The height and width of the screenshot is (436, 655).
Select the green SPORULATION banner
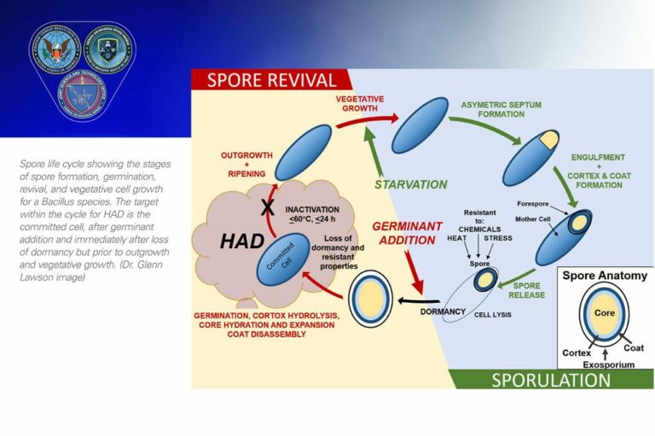[x=550, y=379]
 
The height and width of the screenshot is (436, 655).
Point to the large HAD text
[x=241, y=242]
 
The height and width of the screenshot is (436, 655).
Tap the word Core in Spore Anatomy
[x=605, y=314]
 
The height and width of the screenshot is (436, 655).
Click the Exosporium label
[x=608, y=363]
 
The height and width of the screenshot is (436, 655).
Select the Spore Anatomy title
[x=605, y=276]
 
